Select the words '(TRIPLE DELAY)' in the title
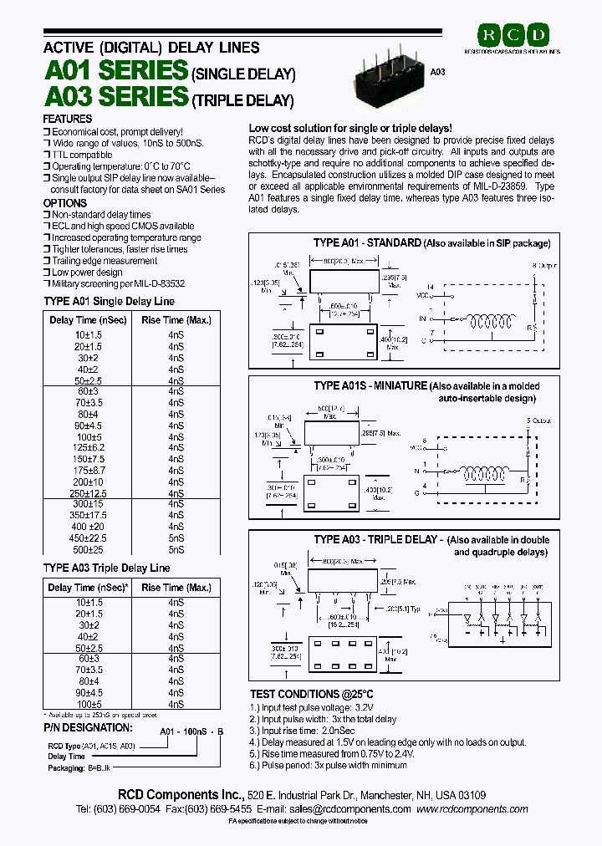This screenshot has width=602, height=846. click(x=243, y=101)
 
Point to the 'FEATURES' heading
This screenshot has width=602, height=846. click(x=67, y=120)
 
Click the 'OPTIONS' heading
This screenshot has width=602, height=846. click(x=64, y=203)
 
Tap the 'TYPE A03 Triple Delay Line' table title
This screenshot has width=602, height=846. click(x=106, y=568)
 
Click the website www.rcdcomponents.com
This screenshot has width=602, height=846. click(x=472, y=809)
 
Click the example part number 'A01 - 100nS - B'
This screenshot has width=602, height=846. click(x=192, y=731)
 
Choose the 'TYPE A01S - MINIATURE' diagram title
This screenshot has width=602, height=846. click(x=370, y=386)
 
